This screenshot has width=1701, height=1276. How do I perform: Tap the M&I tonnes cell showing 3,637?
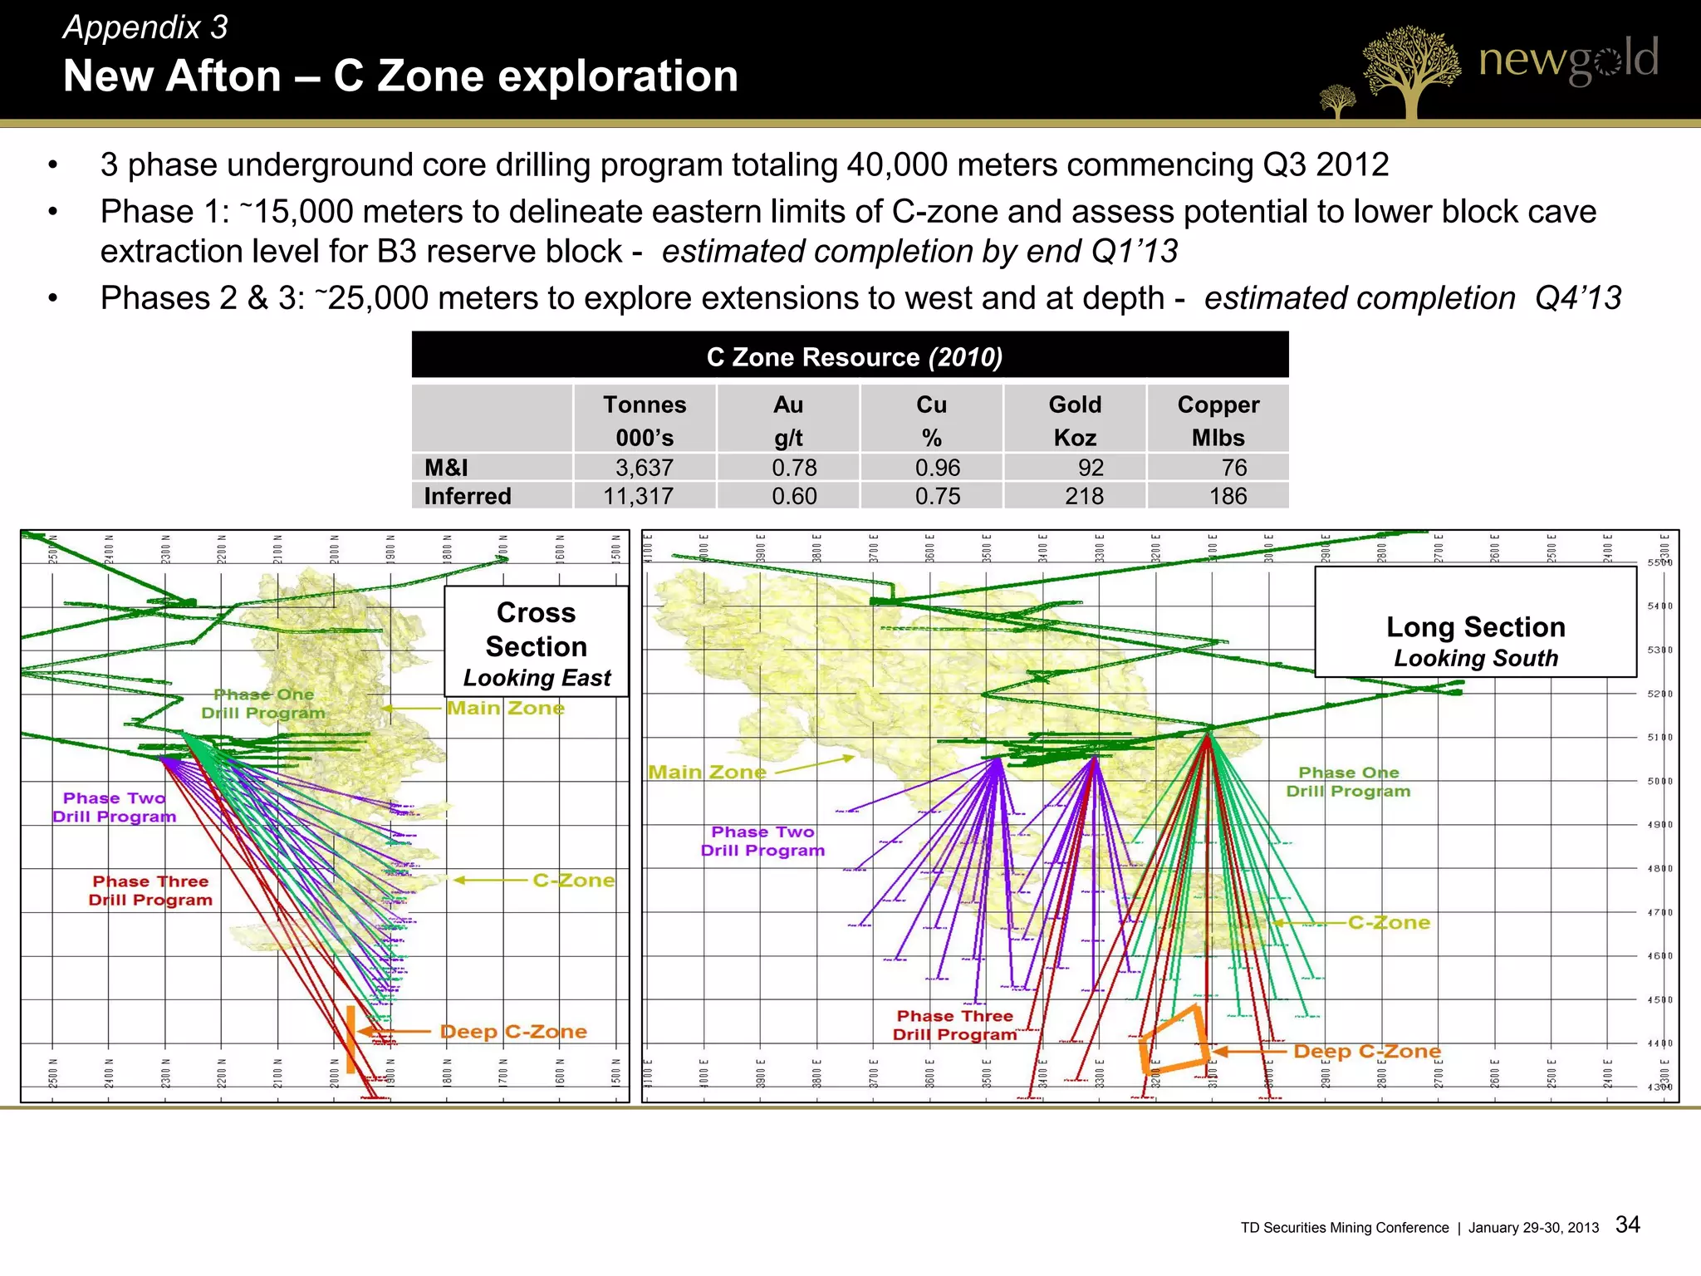pos(645,468)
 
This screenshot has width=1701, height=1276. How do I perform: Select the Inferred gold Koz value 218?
pos(1084,496)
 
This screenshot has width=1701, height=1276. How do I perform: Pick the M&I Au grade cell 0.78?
pos(794,468)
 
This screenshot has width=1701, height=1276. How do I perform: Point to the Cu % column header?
pos(931,420)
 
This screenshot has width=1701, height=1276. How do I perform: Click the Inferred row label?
pos(468,496)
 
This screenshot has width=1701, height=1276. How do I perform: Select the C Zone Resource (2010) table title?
pos(854,357)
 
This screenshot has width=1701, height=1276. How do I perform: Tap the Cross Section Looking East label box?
pos(537,643)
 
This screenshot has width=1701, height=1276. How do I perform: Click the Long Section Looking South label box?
pos(1476,640)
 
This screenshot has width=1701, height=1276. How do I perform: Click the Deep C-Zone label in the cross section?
pos(513,1032)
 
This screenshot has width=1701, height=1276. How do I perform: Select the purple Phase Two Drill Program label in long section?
pos(762,841)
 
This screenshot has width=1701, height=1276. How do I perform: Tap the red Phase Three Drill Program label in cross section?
pos(150,891)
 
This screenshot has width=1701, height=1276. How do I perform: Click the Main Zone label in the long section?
pos(707,773)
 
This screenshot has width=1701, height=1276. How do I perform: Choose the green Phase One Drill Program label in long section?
pos(1348,782)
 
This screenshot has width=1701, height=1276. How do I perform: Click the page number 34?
pos(1627,1224)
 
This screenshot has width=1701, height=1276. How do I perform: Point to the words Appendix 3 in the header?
pos(145,27)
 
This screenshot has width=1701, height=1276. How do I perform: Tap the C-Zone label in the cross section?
pos(573,881)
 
